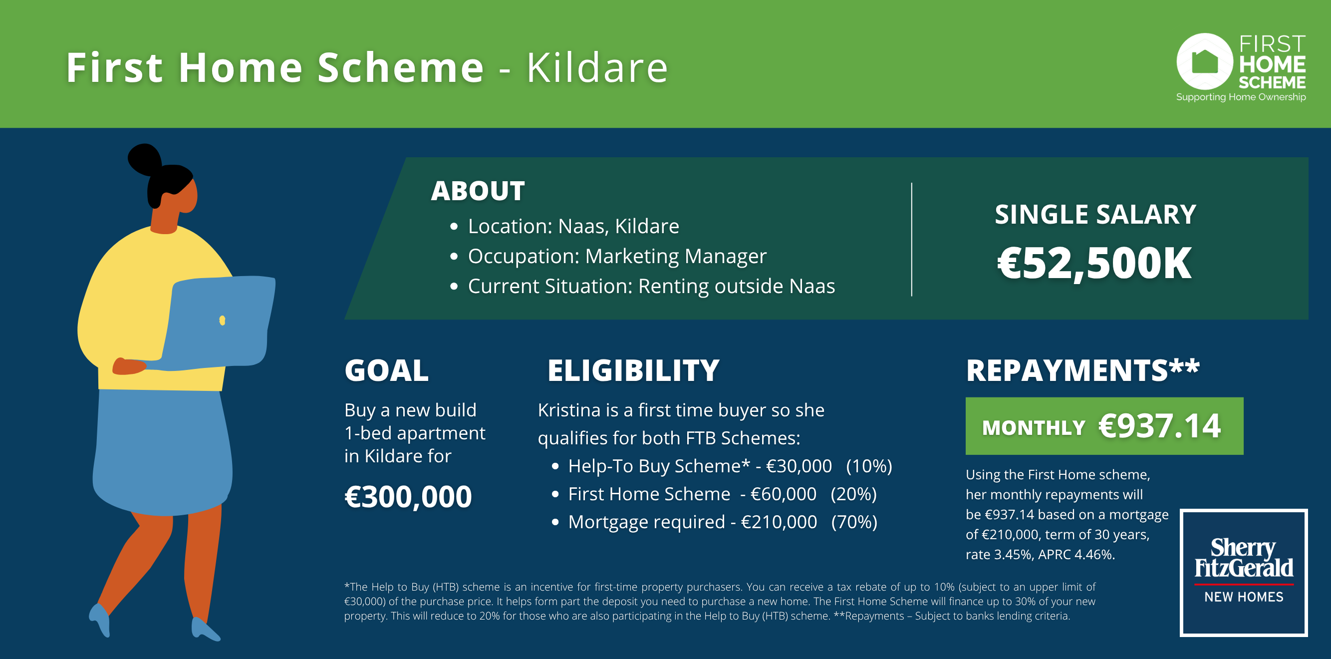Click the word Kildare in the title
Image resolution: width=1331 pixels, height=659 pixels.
[597, 68]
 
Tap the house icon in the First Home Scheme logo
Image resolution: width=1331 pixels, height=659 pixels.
[1204, 62]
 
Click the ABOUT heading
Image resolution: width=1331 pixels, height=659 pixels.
[478, 191]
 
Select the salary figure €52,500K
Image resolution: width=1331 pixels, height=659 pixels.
[1094, 263]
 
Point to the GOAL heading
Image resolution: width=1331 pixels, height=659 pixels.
[386, 370]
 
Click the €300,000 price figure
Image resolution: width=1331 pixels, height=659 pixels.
[408, 497]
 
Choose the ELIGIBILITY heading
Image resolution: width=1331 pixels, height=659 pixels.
[633, 370]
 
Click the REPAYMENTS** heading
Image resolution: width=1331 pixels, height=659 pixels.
[1082, 370]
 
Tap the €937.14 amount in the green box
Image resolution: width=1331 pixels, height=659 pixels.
[1159, 426]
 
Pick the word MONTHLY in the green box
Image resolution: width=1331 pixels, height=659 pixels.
[1034, 428]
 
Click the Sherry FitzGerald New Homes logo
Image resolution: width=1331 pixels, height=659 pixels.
[1244, 573]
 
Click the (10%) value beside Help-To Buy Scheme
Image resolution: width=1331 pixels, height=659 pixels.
[869, 466]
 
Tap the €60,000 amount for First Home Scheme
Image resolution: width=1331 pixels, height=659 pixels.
[784, 494]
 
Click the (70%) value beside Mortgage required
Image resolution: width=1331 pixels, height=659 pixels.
[854, 522]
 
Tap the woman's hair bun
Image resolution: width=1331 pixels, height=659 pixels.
[144, 159]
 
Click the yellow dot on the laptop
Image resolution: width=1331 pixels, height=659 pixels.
[222, 321]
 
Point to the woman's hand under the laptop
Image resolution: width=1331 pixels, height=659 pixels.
[129, 366]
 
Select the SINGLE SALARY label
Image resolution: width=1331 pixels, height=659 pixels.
[1095, 215]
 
